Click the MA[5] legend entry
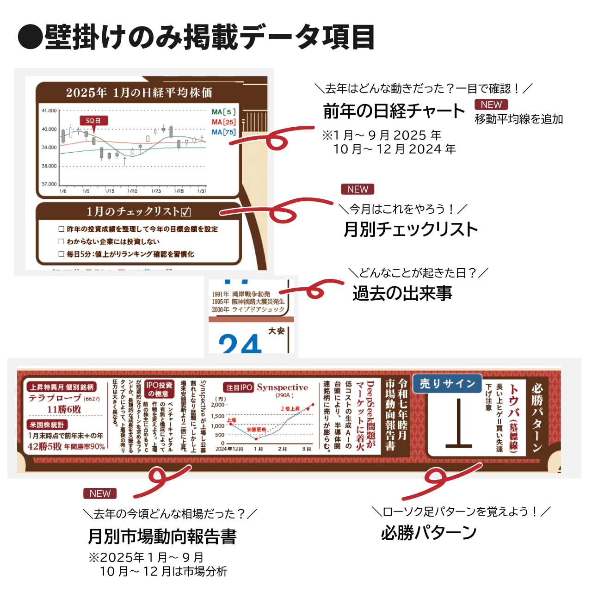pos(224,112)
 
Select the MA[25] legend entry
pos(224,122)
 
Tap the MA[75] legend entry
pos(224,132)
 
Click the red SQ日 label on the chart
pos(93,121)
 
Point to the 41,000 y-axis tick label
pos(49,111)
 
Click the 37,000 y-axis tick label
pos(49,184)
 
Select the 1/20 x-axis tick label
pos(132,191)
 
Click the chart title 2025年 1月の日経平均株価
pos(139,92)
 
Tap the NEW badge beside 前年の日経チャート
pos(491,105)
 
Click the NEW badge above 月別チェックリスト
pos(358,189)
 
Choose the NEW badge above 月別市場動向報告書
pos(100,493)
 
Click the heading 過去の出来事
pos(402,293)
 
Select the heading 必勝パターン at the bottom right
pos(429,533)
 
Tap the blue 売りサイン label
pos(447,383)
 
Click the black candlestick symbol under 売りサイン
pos(458,423)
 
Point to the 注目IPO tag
pos(239,388)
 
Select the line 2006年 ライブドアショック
pos(248,309)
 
